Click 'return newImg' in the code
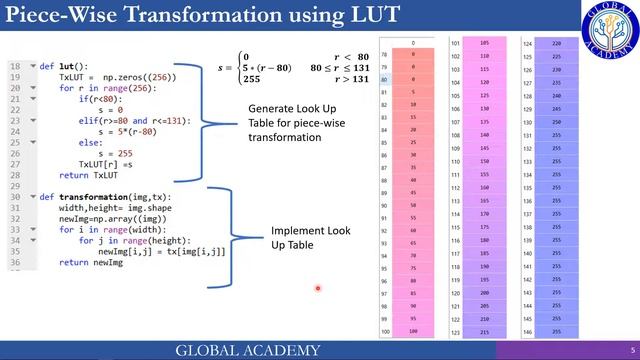[x=89, y=262]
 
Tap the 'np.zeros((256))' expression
[x=131, y=76]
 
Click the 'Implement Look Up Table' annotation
[x=305, y=237]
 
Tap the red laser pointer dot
[x=318, y=289]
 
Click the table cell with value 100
[x=413, y=331]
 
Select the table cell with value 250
[x=555, y=122]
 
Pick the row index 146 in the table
[x=528, y=318]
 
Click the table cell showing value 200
[x=485, y=293]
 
